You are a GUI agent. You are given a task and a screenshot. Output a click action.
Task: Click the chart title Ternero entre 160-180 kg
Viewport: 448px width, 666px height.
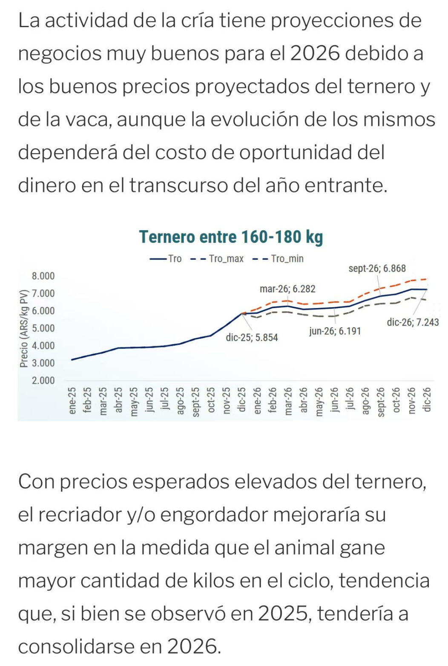[x=231, y=237]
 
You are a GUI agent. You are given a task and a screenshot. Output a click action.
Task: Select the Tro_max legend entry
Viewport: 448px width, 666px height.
[x=226, y=259]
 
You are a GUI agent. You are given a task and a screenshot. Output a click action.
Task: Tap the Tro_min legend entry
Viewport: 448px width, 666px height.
[x=287, y=259]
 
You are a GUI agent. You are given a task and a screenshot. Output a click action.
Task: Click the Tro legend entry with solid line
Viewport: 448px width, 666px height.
[x=175, y=259]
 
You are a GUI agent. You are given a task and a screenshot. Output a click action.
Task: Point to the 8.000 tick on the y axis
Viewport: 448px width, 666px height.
[x=43, y=276]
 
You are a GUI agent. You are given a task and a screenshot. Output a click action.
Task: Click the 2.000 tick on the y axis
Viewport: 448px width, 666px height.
[x=43, y=380]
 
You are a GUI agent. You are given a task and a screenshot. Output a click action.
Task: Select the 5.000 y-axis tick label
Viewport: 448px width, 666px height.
[x=43, y=329]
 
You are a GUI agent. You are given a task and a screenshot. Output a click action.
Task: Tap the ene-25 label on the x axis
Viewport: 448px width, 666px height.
[x=72, y=400]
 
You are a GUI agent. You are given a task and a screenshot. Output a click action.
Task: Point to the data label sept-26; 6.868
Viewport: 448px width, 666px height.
[x=377, y=269]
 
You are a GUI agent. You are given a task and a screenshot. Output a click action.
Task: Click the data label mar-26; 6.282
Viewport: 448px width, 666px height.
[x=287, y=289]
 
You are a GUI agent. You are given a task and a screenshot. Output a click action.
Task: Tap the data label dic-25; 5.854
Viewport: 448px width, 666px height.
[x=252, y=338]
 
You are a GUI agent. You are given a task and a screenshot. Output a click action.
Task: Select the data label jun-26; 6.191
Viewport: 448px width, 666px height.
[x=335, y=331]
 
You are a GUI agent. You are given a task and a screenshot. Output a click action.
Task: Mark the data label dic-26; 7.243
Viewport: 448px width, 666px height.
[x=413, y=322]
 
